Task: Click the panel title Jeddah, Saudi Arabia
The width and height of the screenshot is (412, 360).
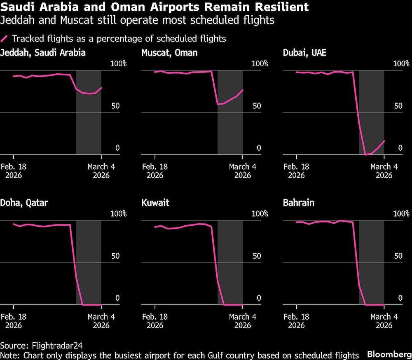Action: (x=43, y=53)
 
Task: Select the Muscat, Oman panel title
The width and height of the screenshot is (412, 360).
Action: (x=169, y=53)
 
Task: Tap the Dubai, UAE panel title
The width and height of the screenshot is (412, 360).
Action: (x=304, y=53)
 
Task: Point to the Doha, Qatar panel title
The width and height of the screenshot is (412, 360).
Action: (x=24, y=203)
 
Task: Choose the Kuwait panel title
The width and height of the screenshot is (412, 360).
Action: (x=155, y=203)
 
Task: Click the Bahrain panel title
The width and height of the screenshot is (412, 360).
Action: (x=298, y=203)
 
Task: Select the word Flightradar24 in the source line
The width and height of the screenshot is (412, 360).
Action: (x=54, y=345)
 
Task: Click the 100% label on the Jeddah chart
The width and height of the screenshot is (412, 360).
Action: (x=118, y=64)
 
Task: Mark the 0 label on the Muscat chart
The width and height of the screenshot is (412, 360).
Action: (x=259, y=148)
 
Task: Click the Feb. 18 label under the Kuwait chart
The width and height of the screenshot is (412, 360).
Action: (x=155, y=317)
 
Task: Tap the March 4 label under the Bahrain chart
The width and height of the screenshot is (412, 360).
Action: (x=384, y=317)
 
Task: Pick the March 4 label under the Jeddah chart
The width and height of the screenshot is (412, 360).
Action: (x=101, y=167)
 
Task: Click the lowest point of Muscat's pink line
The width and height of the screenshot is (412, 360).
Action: (x=218, y=104)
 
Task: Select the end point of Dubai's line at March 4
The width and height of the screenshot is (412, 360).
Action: (x=384, y=141)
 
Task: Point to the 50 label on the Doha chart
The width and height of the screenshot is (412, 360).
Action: (x=116, y=256)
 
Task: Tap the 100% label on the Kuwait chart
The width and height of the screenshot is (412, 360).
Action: (x=260, y=214)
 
